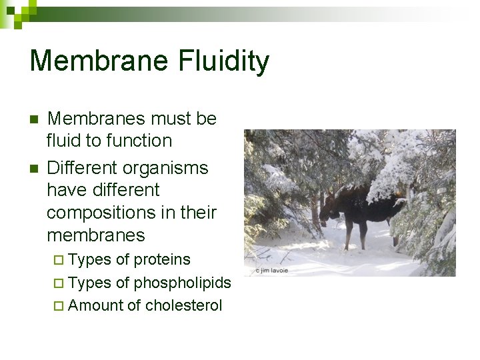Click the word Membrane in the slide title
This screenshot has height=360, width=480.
99,61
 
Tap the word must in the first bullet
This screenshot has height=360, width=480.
154,119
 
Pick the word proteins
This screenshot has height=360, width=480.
162,260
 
